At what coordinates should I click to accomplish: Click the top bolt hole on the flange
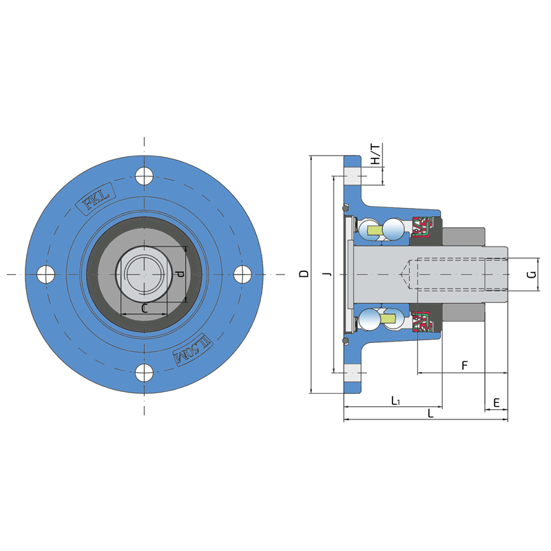pyautogui.click(x=144, y=176)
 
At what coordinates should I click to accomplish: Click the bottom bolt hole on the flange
pyautogui.click(x=144, y=373)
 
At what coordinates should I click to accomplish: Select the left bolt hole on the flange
pyautogui.click(x=45, y=274)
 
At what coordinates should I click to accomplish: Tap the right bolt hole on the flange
pyautogui.click(x=242, y=274)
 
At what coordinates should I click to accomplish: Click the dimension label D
pyautogui.click(x=304, y=273)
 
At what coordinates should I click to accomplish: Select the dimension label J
pyautogui.click(x=328, y=273)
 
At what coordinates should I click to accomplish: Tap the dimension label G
pyautogui.click(x=532, y=274)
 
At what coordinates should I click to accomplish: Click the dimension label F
pyautogui.click(x=464, y=366)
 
